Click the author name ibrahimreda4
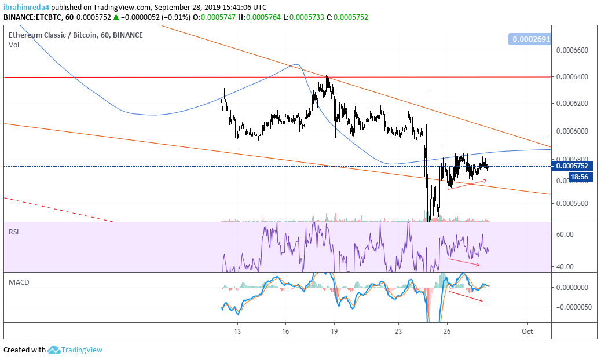27,7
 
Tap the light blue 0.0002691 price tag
530,39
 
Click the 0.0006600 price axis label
572,50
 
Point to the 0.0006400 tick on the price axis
572,77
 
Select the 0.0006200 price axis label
572,104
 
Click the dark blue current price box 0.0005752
572,166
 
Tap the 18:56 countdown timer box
579,177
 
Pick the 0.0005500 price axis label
572,203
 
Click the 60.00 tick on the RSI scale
565,234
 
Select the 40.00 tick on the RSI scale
565,267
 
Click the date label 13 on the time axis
237,331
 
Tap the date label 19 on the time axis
334,331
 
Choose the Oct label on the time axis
527,331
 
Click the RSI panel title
14,232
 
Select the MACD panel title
19,282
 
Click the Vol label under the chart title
14,45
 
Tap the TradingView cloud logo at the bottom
54,350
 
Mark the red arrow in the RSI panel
464,262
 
